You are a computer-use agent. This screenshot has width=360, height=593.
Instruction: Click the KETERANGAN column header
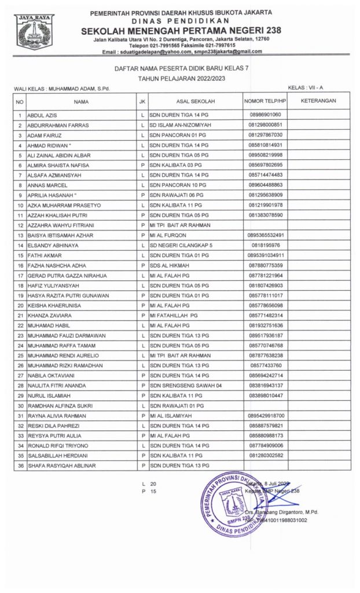pos(318,101)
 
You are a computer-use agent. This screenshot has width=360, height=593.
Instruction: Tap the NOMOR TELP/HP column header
pos(265,101)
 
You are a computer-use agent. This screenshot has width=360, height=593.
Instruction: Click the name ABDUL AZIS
pos(40,115)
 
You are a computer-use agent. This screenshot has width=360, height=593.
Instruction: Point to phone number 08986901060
pos(265,115)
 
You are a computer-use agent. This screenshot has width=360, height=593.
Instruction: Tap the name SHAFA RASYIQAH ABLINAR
pos(61,465)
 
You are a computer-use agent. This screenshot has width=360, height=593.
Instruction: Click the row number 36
pos(20,465)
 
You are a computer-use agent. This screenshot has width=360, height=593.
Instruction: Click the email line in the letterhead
pos(182,52)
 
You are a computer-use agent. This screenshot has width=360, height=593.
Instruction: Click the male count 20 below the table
pos(153,483)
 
